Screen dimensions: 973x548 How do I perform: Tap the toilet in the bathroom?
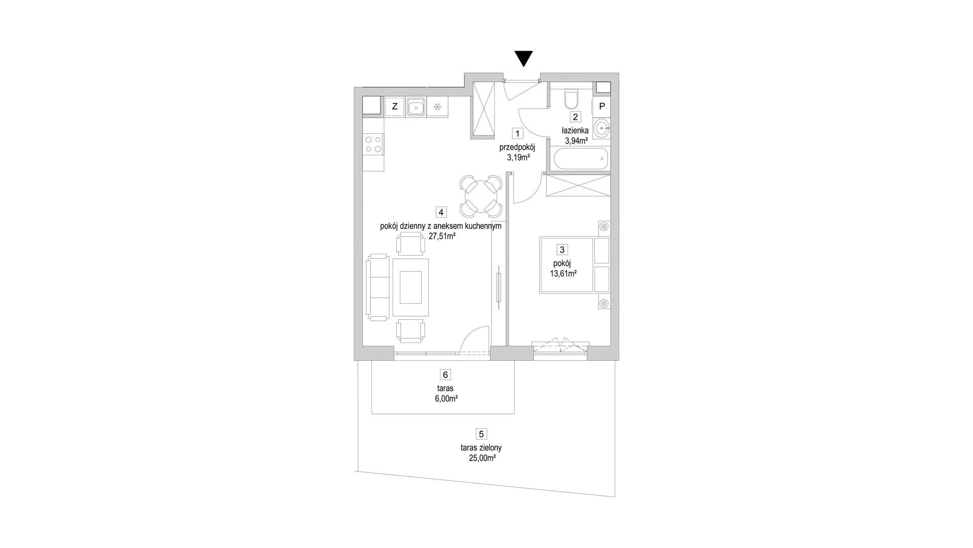tap(571, 100)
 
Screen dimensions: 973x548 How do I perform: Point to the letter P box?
tap(602, 107)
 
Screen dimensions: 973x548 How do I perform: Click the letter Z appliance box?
tap(395, 107)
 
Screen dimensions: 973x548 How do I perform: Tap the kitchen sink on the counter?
tap(416, 107)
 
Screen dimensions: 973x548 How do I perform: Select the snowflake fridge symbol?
tap(437, 107)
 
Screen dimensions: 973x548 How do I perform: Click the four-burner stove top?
tap(373, 144)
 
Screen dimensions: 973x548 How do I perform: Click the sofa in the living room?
tap(378, 287)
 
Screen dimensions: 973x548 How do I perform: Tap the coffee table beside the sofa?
tap(410, 287)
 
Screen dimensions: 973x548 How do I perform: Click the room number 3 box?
tap(562, 250)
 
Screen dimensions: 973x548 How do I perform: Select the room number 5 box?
tap(481, 434)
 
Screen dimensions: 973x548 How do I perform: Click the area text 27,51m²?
tap(442, 236)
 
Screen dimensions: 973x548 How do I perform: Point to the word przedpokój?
tap(517, 147)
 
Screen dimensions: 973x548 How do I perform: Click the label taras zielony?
tap(481, 448)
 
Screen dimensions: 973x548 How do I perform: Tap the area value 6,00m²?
tap(446, 399)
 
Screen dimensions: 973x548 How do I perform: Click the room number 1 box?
tap(517, 133)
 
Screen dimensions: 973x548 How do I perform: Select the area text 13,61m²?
tap(564, 273)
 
